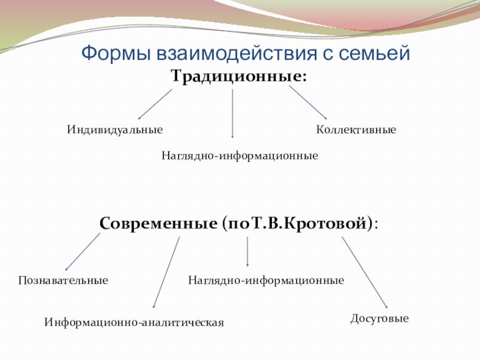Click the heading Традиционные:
pyautogui.click(x=239, y=77)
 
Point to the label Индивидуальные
pyautogui.click(x=115, y=130)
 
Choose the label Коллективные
pyautogui.click(x=356, y=130)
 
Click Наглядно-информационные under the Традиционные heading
pyautogui.click(x=239, y=156)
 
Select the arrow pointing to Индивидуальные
pyautogui.click(x=155, y=104)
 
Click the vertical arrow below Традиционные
pyautogui.click(x=232, y=114)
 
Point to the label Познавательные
pyautogui.click(x=63, y=280)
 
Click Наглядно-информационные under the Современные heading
pyautogui.click(x=266, y=280)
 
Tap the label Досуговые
pyautogui.click(x=380, y=319)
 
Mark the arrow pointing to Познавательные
pyautogui.click(x=83, y=251)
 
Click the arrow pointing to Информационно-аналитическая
pyautogui.click(x=166, y=273)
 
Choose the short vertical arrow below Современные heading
pyautogui.click(x=248, y=252)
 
